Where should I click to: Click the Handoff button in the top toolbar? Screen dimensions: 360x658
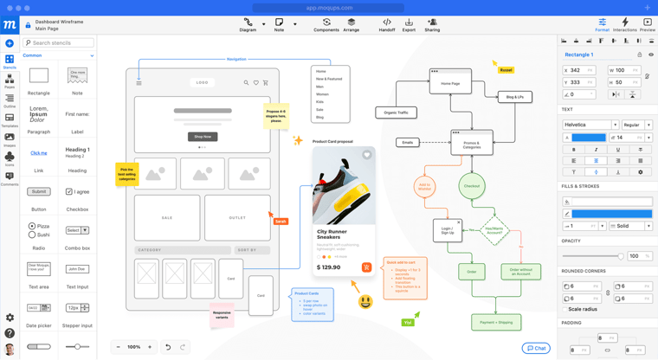click(x=387, y=24)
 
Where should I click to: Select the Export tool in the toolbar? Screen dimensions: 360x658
click(x=409, y=24)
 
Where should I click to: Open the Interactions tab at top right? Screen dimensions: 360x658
click(x=624, y=24)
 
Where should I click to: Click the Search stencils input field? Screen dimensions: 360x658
click(x=60, y=42)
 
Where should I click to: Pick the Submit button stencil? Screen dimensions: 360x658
click(x=39, y=191)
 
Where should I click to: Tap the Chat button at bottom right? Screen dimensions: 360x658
click(x=536, y=348)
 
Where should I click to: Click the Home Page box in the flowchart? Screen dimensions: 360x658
click(x=450, y=84)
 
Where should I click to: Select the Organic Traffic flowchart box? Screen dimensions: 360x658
click(x=396, y=112)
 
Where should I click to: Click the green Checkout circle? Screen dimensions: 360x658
click(x=472, y=186)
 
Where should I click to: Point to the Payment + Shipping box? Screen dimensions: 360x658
click(x=496, y=322)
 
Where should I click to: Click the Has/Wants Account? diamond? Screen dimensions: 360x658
click(x=494, y=231)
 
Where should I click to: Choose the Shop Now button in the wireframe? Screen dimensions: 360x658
click(x=203, y=137)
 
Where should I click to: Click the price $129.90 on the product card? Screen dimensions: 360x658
click(x=329, y=267)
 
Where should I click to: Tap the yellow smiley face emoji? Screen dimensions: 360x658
click(x=365, y=302)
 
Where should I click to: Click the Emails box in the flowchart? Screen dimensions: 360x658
click(x=407, y=143)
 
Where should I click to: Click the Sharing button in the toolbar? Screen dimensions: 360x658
click(x=432, y=24)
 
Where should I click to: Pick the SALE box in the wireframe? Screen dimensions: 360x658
click(x=167, y=218)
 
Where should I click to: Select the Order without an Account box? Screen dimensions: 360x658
click(x=520, y=272)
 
